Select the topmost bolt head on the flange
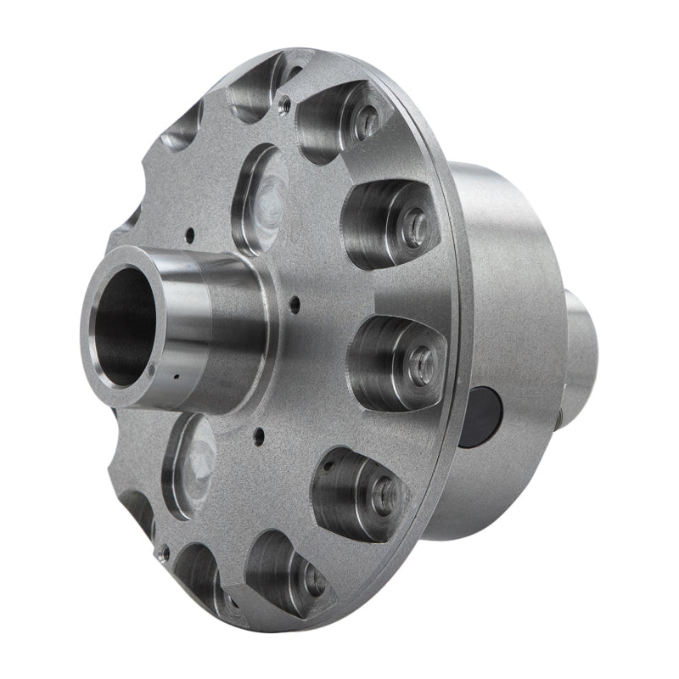click(x=367, y=123)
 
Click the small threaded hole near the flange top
click(x=286, y=104)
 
